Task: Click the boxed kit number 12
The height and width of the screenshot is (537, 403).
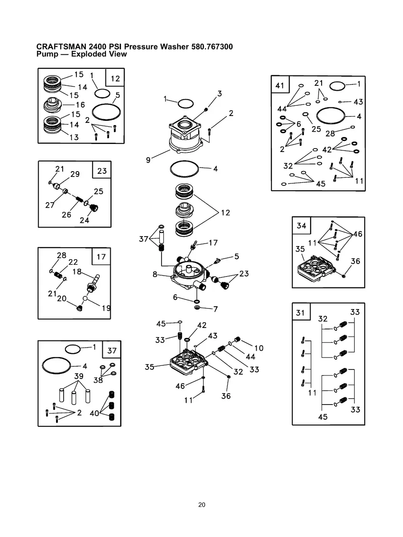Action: [x=115, y=79]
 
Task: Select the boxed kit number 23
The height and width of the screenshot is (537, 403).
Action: [x=102, y=171]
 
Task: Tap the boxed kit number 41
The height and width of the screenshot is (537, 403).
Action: [x=280, y=86]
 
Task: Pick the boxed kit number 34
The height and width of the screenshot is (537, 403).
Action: [x=301, y=226]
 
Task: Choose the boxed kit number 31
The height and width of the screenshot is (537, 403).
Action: [x=301, y=313]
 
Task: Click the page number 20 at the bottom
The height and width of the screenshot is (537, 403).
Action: [x=201, y=505]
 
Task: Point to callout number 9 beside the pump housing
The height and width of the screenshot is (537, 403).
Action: [x=148, y=160]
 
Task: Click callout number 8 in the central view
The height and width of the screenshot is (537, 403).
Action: [x=155, y=274]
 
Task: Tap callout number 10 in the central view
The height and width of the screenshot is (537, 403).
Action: [x=259, y=348]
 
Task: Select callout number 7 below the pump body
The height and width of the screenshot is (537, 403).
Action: [x=215, y=309]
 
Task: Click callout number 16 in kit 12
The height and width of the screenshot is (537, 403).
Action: [x=80, y=105]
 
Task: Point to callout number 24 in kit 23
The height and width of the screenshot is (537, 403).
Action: [x=85, y=220]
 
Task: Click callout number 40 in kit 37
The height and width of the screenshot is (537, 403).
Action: [x=94, y=413]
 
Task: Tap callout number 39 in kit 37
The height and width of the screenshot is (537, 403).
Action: [x=79, y=376]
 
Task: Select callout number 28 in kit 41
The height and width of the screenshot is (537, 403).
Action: [x=330, y=133]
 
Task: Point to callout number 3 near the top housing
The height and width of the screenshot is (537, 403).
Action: [x=219, y=93]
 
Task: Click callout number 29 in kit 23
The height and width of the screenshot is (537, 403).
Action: [x=75, y=174]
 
